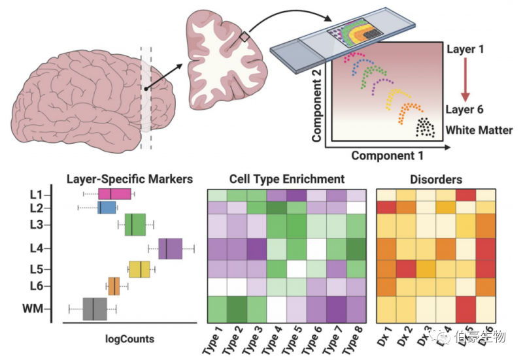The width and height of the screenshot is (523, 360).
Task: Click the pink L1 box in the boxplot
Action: [114, 193]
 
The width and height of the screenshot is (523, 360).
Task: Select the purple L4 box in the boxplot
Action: [170, 249]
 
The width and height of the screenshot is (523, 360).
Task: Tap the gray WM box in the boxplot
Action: [95, 308]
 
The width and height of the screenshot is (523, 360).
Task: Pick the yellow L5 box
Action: [140, 269]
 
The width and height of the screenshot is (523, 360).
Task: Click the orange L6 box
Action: [114, 286]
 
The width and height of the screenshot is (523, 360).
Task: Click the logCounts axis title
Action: [130, 338]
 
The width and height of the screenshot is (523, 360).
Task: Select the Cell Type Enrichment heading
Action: [287, 178]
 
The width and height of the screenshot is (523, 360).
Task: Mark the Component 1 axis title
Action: [388, 155]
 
